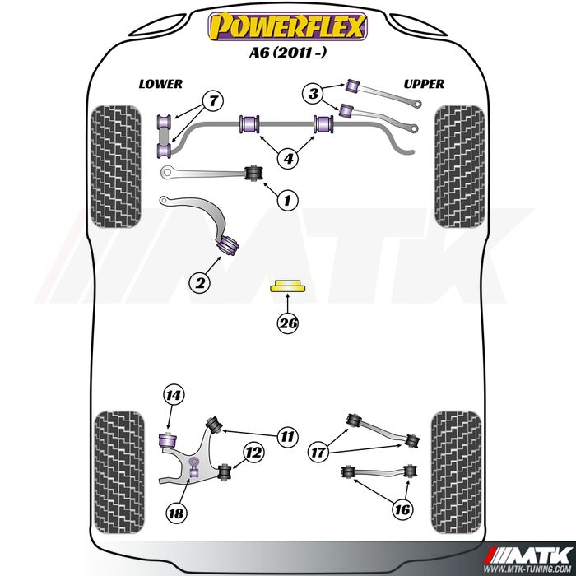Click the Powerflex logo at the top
point(286,27)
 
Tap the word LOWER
point(160,84)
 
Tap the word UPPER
point(424,84)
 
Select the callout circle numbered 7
point(211,102)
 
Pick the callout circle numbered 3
point(313,95)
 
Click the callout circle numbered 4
point(288,158)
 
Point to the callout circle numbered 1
point(287,199)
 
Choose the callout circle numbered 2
point(198,283)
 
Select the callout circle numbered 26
point(287,323)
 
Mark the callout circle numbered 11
point(286,437)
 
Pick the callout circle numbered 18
point(175,513)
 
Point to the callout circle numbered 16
point(402,510)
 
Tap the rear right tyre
point(456,471)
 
